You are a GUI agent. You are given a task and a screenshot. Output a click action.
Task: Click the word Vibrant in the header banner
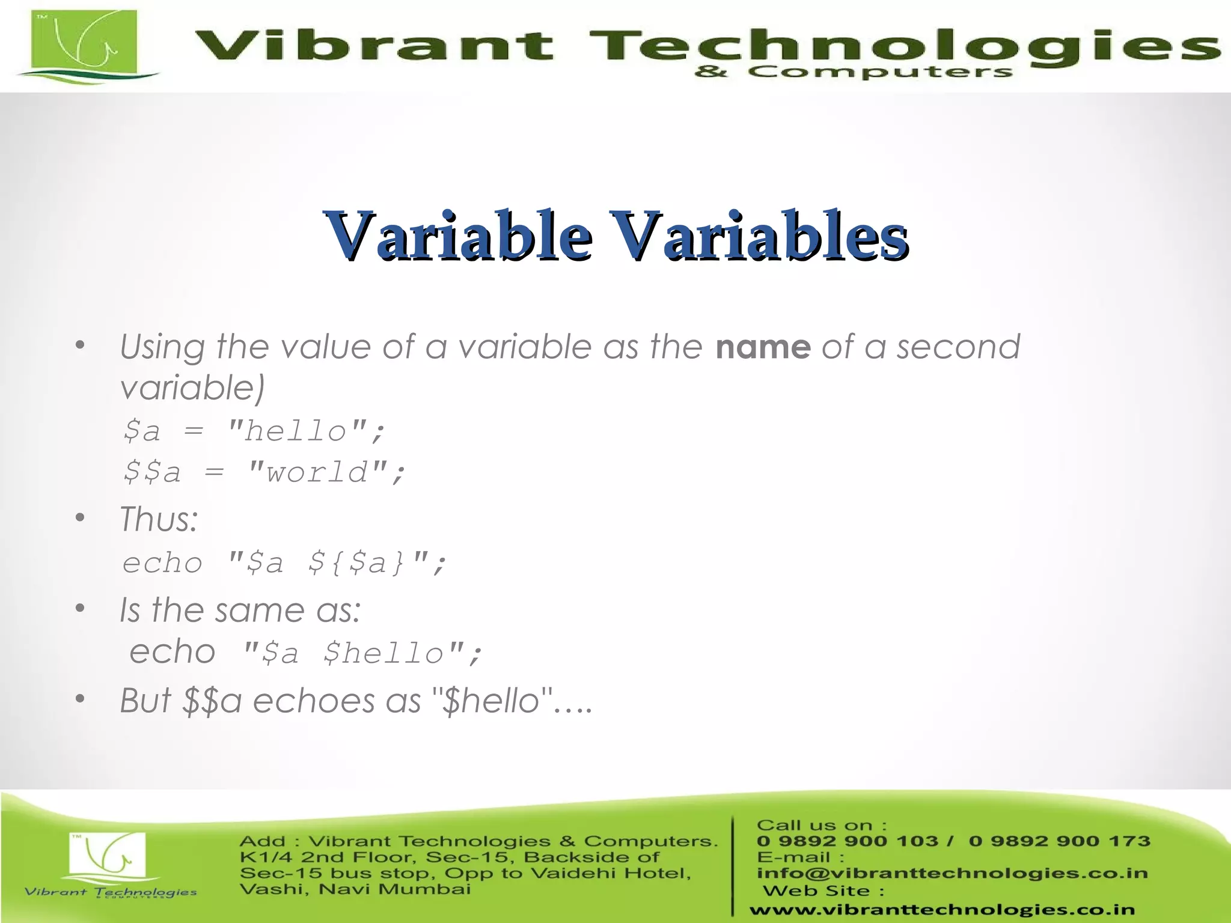(373, 45)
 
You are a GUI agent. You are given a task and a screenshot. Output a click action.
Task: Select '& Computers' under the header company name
(853, 73)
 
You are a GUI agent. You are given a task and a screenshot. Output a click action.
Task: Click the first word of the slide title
(457, 235)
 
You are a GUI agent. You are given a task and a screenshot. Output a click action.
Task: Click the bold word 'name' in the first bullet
(763, 347)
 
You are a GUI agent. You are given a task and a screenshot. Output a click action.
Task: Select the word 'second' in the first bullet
(958, 347)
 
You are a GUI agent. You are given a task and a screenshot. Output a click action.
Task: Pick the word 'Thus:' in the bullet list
(159, 519)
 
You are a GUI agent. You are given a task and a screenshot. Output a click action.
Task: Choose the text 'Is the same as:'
(240, 610)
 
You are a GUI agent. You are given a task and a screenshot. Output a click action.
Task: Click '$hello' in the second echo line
(383, 653)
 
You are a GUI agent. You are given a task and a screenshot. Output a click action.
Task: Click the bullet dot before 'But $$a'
(80, 699)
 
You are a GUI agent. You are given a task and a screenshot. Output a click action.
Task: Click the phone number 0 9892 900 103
(847, 841)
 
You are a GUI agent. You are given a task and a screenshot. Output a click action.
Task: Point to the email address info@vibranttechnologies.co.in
(952, 873)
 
